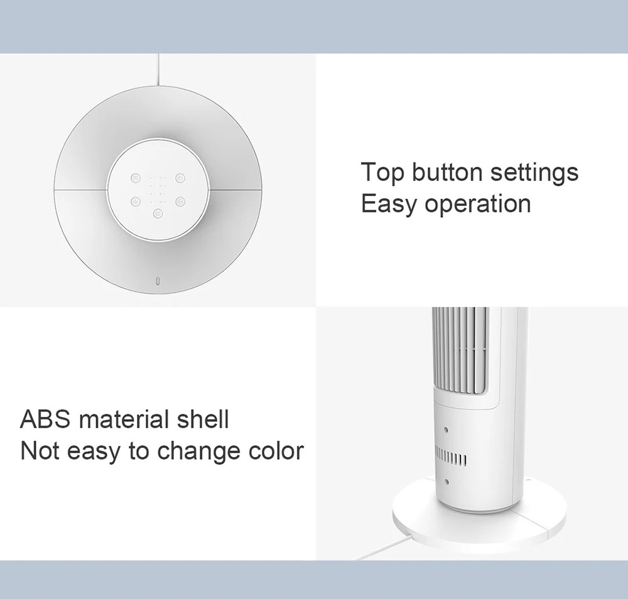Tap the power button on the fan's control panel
pyautogui.click(x=158, y=214)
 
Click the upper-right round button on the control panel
pyautogui.click(x=180, y=178)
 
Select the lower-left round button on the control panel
pyautogui.click(x=136, y=202)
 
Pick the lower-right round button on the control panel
pyautogui.click(x=180, y=202)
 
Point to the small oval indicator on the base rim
pyautogui.click(x=159, y=281)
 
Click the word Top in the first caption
pyautogui.click(x=382, y=173)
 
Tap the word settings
pyautogui.click(x=534, y=173)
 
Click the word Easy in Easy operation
pyautogui.click(x=389, y=205)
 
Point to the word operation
pyautogui.click(x=477, y=205)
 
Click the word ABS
pyautogui.click(x=45, y=419)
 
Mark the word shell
pyautogui.click(x=203, y=419)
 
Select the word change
pyautogui.click(x=198, y=452)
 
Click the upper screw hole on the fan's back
pyautogui.click(x=446, y=430)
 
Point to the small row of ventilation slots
pyautogui.click(x=450, y=458)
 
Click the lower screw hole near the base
pyautogui.click(x=447, y=482)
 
